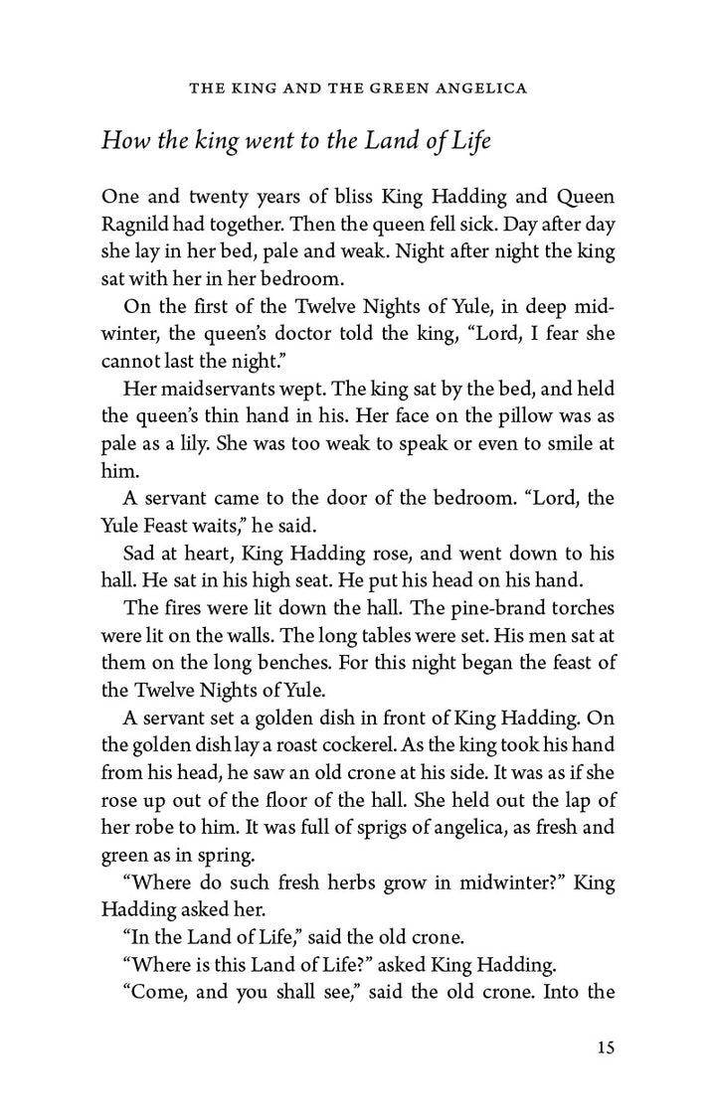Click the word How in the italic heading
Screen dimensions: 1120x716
[x=123, y=140]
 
